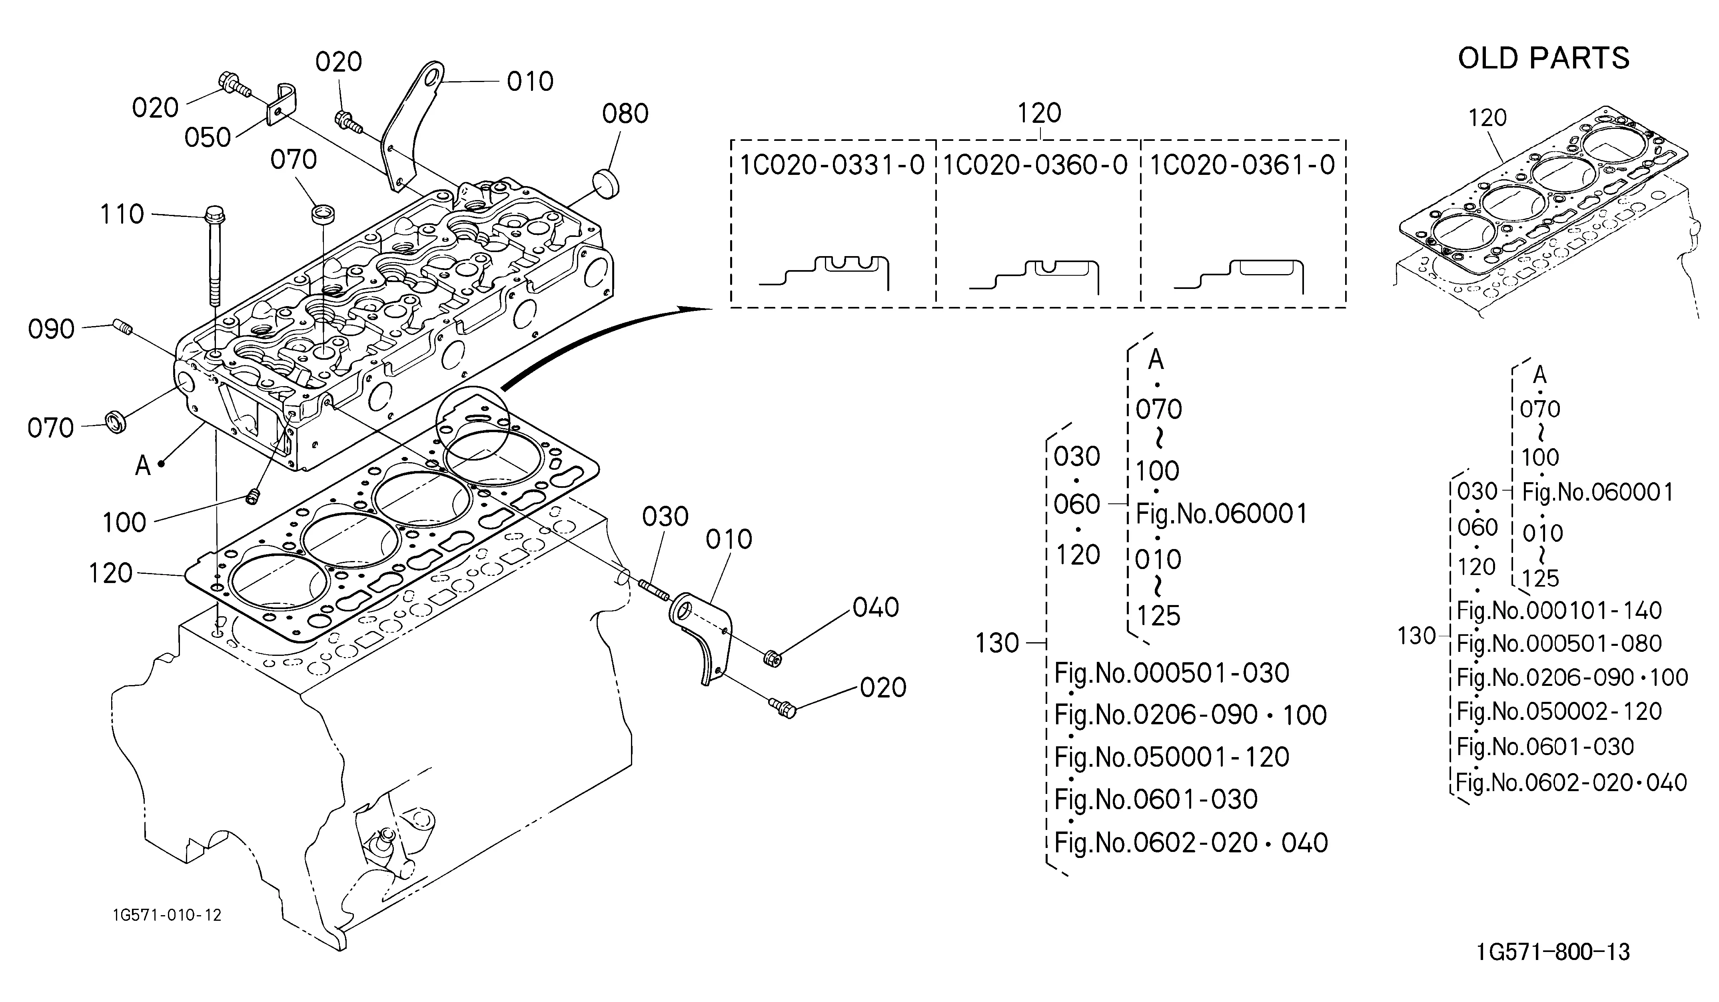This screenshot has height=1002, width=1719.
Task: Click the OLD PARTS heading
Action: [x=1544, y=59]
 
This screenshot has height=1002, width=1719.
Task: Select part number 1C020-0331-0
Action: [x=832, y=165]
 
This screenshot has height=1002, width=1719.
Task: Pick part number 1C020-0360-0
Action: [x=1036, y=165]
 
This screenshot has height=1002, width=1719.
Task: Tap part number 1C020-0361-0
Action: [x=1242, y=165]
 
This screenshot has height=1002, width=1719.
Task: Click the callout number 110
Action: [x=122, y=214]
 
